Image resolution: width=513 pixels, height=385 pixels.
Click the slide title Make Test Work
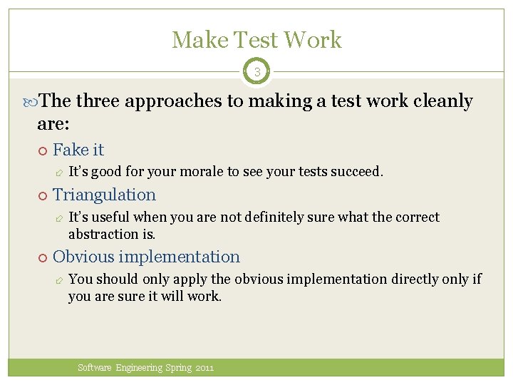(256, 40)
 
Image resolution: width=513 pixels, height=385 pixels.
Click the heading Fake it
(78, 150)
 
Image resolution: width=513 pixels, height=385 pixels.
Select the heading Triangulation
(104, 195)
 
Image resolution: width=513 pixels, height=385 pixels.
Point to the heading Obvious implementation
(146, 257)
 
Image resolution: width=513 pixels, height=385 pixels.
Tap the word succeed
(357, 172)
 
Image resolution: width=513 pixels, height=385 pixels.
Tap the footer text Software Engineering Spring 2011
(146, 368)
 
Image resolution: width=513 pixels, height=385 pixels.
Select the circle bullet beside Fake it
(42, 150)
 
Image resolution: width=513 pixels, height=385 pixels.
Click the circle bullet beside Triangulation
(42, 195)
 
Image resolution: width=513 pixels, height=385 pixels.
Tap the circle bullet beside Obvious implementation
(42, 257)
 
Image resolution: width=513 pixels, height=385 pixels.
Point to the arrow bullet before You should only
(58, 279)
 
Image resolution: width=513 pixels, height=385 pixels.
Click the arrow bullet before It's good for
(58, 173)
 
